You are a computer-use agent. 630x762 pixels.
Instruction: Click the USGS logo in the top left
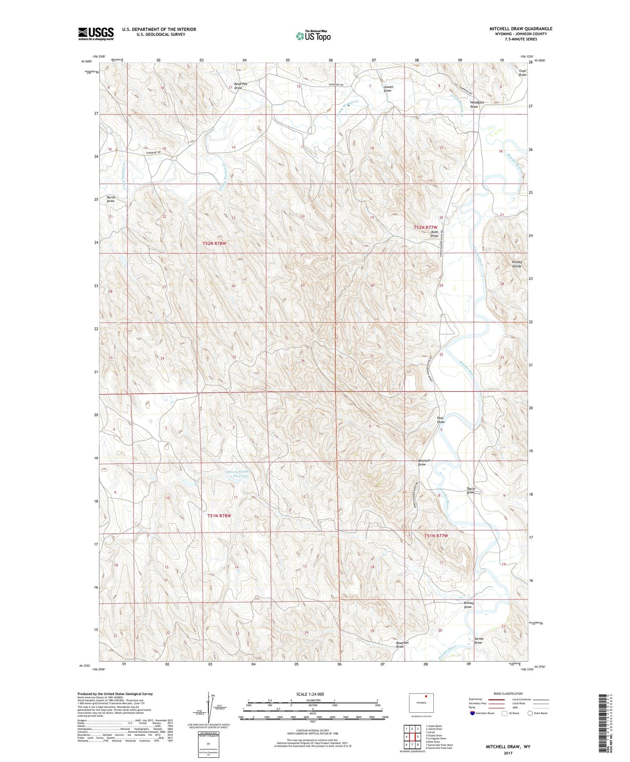[x=95, y=33]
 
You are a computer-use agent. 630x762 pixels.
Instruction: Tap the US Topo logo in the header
[x=313, y=36]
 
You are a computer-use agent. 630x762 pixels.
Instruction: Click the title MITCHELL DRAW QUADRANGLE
[x=520, y=29]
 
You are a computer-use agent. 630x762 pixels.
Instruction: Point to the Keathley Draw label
[x=241, y=86]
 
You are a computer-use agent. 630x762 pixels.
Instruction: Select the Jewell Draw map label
[x=388, y=89]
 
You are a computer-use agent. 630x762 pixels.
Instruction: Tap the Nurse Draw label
[x=111, y=199]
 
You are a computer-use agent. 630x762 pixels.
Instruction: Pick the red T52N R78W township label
[x=214, y=244]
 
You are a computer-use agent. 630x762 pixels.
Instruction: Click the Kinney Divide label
[x=517, y=264]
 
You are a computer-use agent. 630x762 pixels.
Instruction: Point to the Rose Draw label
[x=434, y=233]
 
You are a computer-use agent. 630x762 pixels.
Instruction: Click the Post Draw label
[x=441, y=420]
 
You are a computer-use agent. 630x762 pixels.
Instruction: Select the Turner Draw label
[x=478, y=641]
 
